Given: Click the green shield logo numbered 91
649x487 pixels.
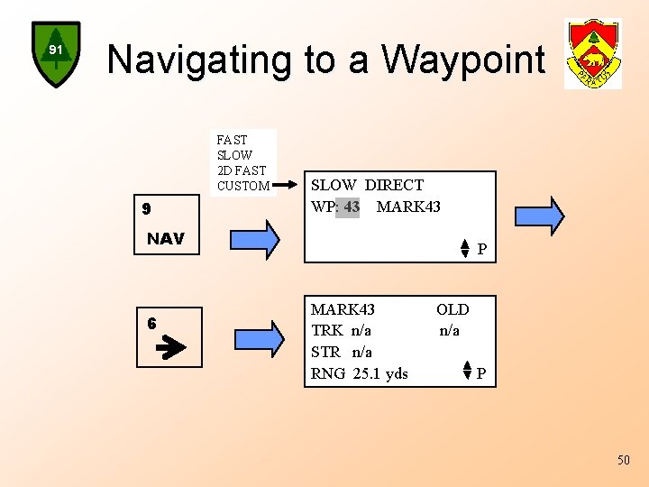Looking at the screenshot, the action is pyautogui.click(x=56, y=53).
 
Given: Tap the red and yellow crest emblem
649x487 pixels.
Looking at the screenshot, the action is pyautogui.click(x=592, y=54).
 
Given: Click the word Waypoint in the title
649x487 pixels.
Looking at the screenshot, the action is pyautogui.click(x=463, y=60).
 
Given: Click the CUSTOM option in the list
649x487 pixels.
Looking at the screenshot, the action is pyautogui.click(x=243, y=186).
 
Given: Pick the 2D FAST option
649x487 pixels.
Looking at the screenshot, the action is pyautogui.click(x=242, y=170).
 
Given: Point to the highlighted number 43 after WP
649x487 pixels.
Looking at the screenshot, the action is pyautogui.click(x=352, y=207).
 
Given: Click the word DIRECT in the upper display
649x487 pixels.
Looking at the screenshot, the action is pyautogui.click(x=394, y=185).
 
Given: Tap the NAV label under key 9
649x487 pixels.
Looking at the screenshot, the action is pyautogui.click(x=165, y=239).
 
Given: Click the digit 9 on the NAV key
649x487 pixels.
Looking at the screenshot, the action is pyautogui.click(x=146, y=209).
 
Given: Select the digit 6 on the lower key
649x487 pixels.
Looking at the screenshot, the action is pyautogui.click(x=152, y=323).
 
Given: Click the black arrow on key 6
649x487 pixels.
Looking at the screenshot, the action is pyautogui.click(x=170, y=348).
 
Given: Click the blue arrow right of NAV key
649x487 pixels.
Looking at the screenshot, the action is pyautogui.click(x=255, y=239).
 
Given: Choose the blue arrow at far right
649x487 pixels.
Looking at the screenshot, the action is pyautogui.click(x=539, y=215).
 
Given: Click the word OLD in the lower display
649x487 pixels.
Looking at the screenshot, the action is pyautogui.click(x=452, y=309).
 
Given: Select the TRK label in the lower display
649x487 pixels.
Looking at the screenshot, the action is pyautogui.click(x=325, y=330).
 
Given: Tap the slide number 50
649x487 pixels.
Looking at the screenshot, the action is pyautogui.click(x=624, y=461).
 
